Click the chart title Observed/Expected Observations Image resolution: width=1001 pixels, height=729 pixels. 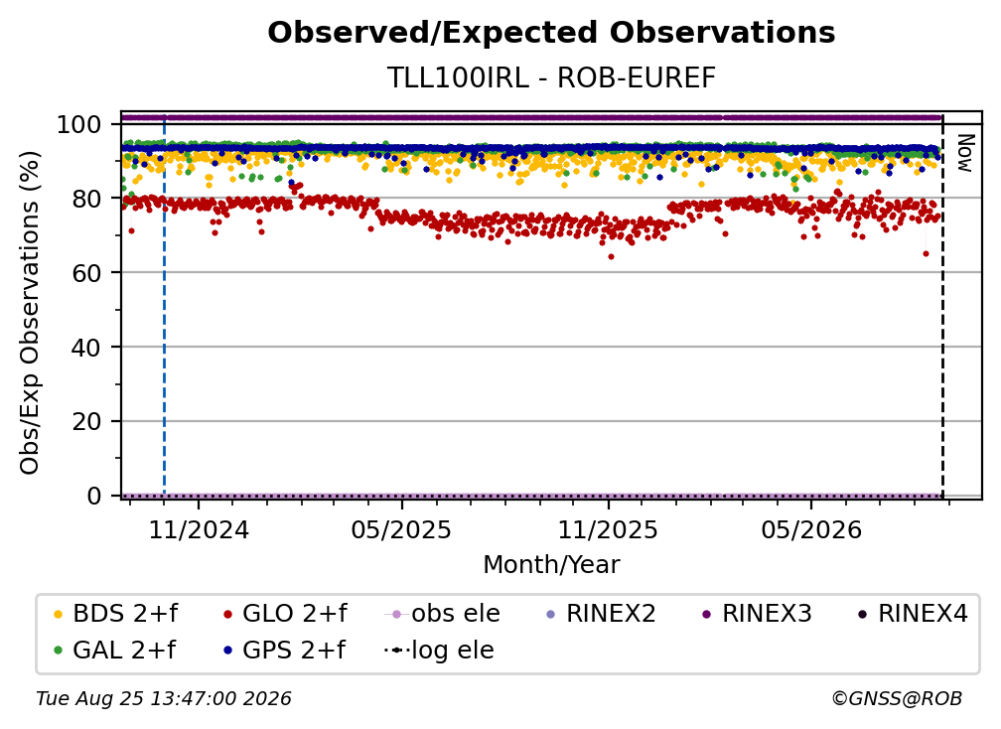[x=551, y=33]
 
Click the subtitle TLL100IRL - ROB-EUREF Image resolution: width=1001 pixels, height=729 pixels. [x=551, y=77]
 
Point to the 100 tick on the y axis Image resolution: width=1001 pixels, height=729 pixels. [x=79, y=124]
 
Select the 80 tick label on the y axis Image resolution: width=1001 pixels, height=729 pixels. [x=86, y=199]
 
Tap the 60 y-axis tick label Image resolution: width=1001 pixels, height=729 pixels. [x=86, y=272]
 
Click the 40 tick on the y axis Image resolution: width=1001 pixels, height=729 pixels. [x=86, y=348]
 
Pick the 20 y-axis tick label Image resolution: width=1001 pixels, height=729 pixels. [x=86, y=421]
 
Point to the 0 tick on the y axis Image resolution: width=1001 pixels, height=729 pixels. [x=94, y=496]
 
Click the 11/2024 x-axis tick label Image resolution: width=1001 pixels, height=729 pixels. [x=199, y=529]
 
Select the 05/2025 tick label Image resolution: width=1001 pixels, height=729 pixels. [x=401, y=529]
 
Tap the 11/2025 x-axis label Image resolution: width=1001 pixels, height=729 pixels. [x=608, y=529]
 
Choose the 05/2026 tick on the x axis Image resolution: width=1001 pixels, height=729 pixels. [x=810, y=529]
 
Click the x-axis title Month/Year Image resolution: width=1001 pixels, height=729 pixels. [x=551, y=565]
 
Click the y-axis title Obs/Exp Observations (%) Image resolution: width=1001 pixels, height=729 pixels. [x=30, y=312]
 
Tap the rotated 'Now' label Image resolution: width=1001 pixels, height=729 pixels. [x=964, y=153]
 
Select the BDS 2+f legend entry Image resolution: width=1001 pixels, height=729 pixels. [x=116, y=614]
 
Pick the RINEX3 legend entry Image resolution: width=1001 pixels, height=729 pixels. [x=757, y=614]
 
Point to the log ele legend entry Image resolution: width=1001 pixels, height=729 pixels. [x=439, y=651]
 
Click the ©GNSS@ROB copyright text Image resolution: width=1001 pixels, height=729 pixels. [x=897, y=699]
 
